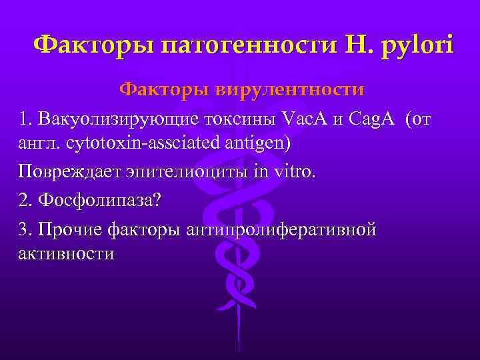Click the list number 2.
pyautogui.click(x=25, y=200)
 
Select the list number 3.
pyautogui.click(x=25, y=229)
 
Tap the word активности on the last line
pyautogui.click(x=67, y=254)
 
